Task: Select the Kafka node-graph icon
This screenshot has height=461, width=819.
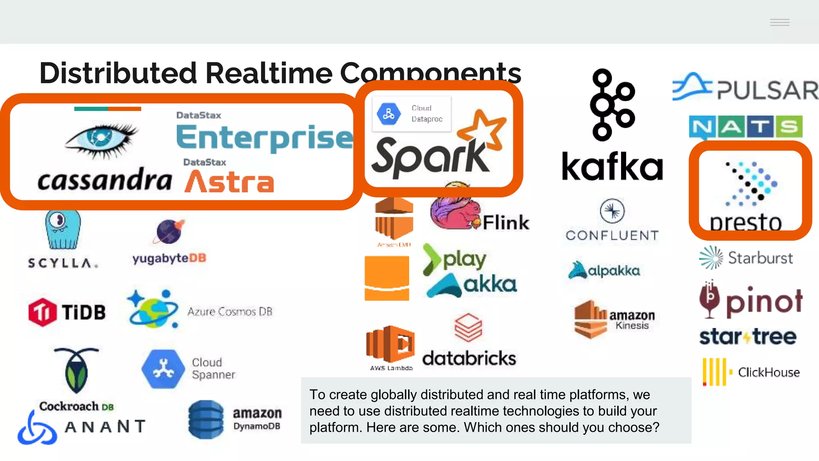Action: (612, 105)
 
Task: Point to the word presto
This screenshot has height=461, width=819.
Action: (746, 222)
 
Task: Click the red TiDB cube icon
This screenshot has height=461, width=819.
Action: (42, 312)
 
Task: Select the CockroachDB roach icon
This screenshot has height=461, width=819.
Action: (76, 370)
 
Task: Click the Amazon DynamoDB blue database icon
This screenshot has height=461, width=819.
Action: (206, 419)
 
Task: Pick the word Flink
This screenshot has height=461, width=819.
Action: (506, 222)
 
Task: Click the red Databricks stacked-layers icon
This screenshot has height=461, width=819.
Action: (468, 327)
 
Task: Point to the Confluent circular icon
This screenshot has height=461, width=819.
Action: (612, 211)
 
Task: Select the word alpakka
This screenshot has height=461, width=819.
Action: (614, 271)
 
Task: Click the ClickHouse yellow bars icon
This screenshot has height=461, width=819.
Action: (715, 372)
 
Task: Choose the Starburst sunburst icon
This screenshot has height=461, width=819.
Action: (711, 257)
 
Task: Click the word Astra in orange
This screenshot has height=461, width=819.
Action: (230, 182)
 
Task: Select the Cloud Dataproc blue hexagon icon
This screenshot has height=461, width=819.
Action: (388, 114)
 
